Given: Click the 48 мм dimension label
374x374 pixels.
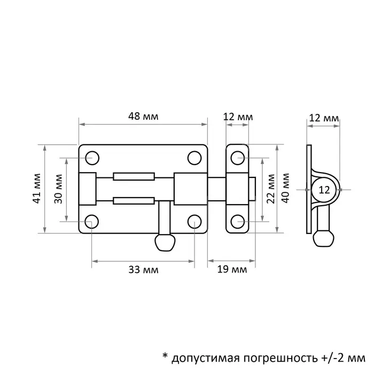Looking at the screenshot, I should click(143, 116).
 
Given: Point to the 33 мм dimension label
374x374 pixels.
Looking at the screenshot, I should click(143, 270).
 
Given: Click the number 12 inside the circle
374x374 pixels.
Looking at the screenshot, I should click(324, 189).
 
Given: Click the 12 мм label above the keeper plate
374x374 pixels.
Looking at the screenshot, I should click(238, 116).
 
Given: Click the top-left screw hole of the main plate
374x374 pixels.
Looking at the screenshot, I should click(92, 158).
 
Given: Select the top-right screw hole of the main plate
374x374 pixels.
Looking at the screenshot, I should click(194, 158).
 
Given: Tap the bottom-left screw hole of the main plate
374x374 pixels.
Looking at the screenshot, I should click(92, 220).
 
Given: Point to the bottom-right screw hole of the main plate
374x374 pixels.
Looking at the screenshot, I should click(194, 220).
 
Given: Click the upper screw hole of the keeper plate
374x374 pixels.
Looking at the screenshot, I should click(238, 159).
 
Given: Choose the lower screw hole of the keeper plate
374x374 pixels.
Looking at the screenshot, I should click(238, 220).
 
